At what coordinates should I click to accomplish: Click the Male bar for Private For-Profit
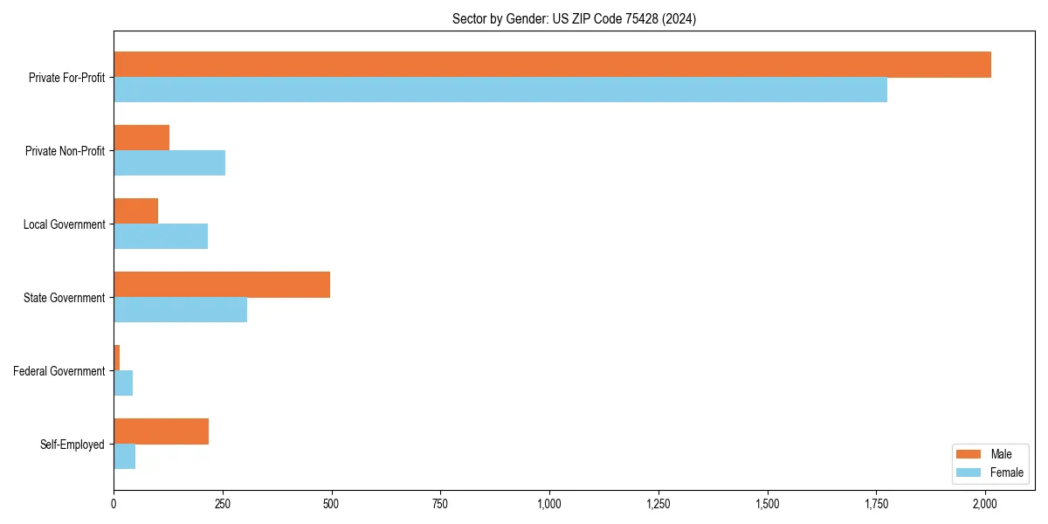(x=552, y=65)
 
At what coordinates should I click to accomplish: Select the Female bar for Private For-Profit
(x=500, y=90)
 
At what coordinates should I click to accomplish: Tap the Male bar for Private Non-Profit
(x=141, y=138)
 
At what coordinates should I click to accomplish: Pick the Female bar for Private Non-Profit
(x=169, y=163)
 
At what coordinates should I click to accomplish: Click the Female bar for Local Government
(x=161, y=237)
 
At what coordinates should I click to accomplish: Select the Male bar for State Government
(x=222, y=285)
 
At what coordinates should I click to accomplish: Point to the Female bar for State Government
(x=181, y=310)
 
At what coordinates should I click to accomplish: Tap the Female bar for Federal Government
(x=123, y=383)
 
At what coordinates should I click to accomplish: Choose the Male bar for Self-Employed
(x=162, y=431)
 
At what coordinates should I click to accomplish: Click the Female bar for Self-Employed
(x=125, y=457)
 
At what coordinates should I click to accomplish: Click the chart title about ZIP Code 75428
(x=574, y=18)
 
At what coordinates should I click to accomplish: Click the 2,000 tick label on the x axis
(x=985, y=504)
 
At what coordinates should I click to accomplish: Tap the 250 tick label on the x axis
(x=223, y=504)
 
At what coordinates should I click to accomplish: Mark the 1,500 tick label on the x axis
(x=767, y=504)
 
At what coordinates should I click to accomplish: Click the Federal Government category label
(x=59, y=371)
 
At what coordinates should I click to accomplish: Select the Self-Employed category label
(x=72, y=445)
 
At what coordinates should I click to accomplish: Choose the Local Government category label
(x=65, y=224)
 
